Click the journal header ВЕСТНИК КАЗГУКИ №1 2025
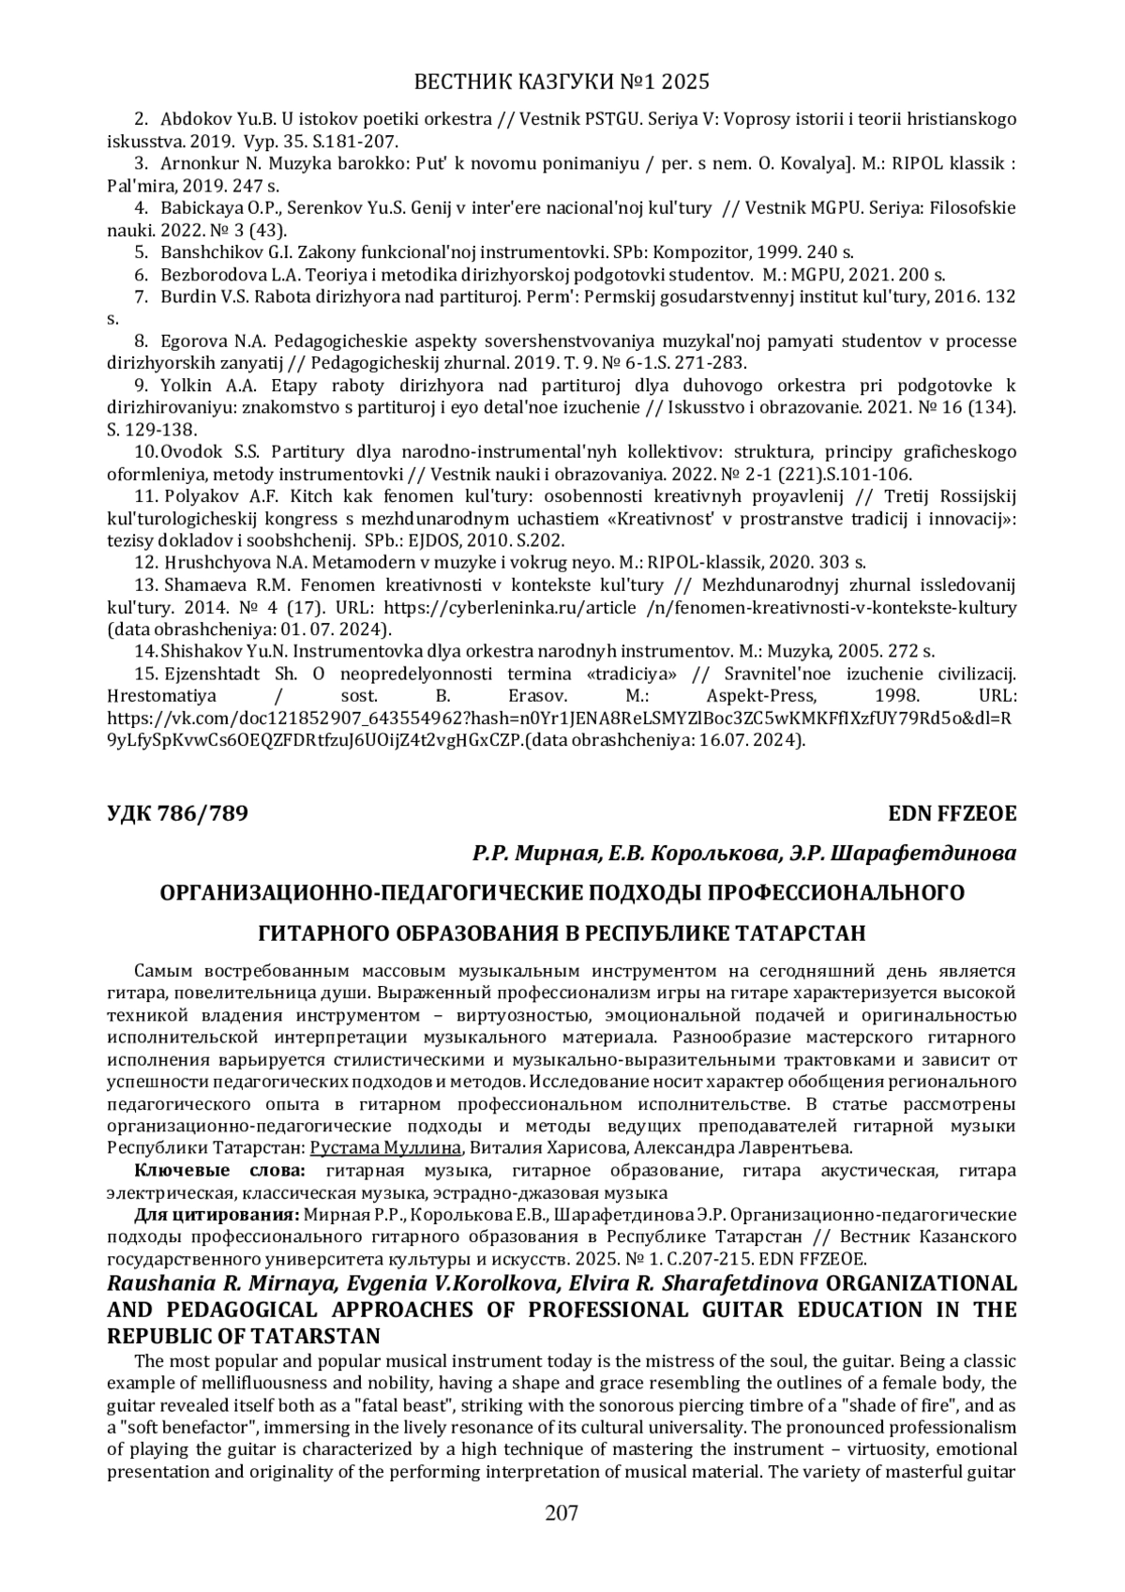click(x=562, y=82)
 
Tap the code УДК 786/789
click(x=177, y=813)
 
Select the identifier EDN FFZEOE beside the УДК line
click(x=952, y=813)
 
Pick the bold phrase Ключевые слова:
click(x=220, y=1171)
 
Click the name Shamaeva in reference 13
click(x=202, y=585)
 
